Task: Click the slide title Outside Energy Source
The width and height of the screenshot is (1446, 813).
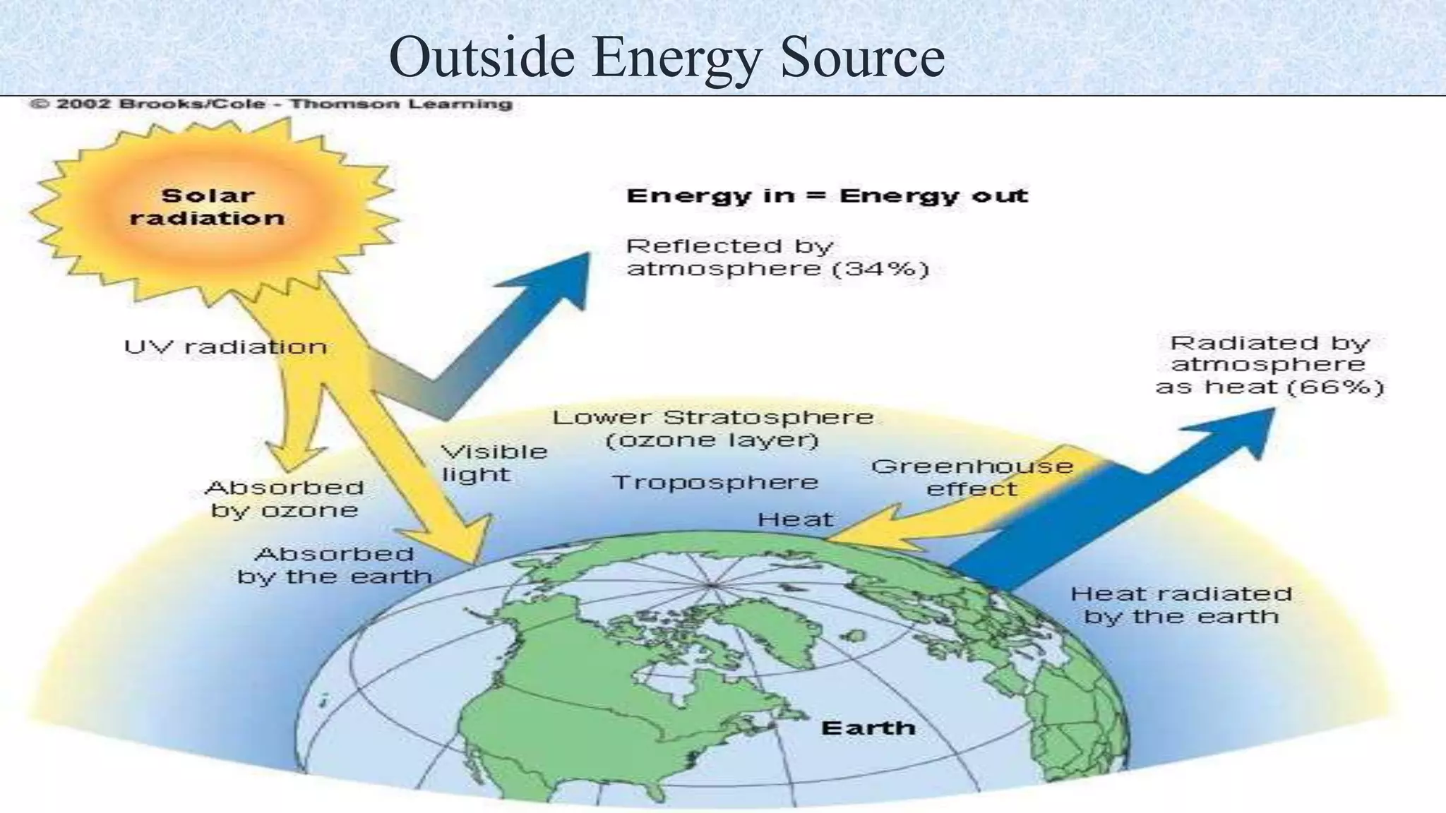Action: [x=667, y=56]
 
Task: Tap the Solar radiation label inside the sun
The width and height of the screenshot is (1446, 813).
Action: [x=207, y=207]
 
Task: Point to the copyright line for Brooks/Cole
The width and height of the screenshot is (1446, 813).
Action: [x=270, y=104]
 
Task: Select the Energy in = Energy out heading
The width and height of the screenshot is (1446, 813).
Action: [x=827, y=195]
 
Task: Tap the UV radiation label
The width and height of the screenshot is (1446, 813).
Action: [x=225, y=347]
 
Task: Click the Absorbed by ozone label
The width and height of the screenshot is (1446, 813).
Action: [x=285, y=498]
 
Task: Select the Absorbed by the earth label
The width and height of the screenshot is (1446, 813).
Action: [x=334, y=565]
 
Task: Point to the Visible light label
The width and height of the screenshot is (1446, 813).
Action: [x=494, y=462]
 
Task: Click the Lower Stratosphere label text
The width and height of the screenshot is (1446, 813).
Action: [x=712, y=417]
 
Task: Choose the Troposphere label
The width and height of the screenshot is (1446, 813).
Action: [x=715, y=483]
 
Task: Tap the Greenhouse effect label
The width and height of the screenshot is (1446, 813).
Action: [x=972, y=477]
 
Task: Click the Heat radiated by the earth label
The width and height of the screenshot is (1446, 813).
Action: [x=1181, y=605]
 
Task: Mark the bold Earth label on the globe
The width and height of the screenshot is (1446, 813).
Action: [x=868, y=728]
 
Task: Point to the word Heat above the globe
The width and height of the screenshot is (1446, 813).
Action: [x=795, y=520]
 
